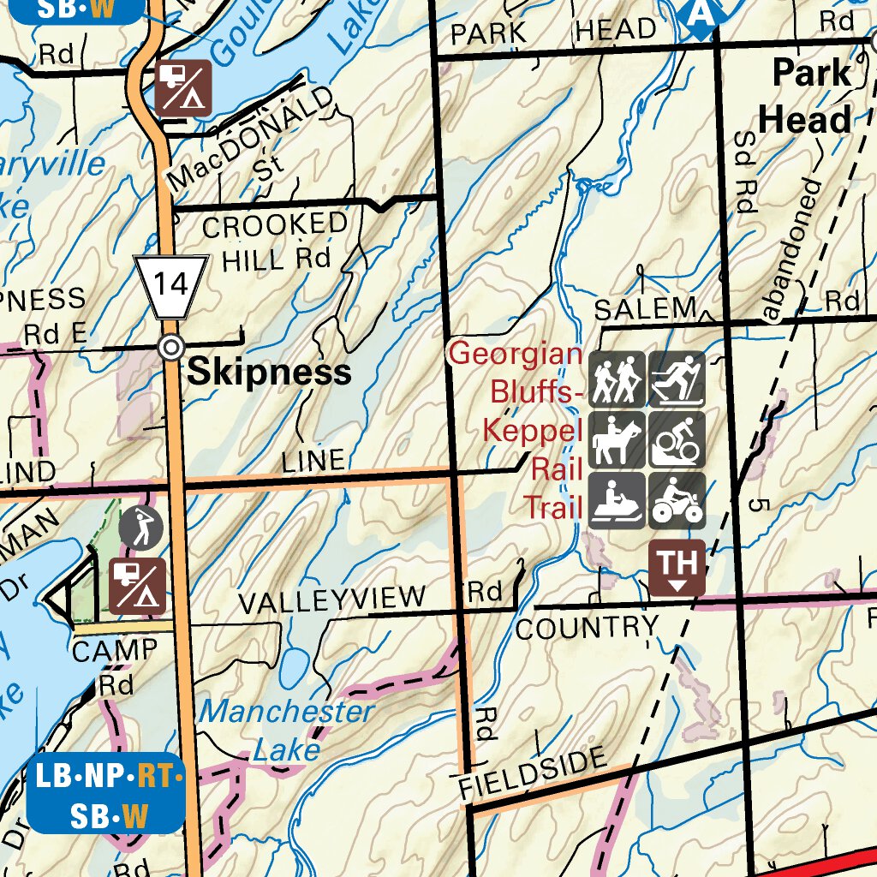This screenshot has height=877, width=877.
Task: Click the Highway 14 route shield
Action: point(171,286)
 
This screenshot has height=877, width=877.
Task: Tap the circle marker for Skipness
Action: point(172,348)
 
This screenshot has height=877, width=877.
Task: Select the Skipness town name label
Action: point(269,372)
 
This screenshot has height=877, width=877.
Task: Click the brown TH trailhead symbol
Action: point(677,568)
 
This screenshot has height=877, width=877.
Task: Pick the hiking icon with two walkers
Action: point(617,379)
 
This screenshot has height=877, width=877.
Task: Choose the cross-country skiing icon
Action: point(677,379)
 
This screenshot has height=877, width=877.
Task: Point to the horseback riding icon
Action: point(617,439)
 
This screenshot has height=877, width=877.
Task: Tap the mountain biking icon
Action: point(677,439)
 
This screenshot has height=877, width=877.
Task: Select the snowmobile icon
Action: point(617,500)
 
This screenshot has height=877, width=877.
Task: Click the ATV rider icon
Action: point(677,500)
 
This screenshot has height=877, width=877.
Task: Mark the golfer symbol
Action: point(140,528)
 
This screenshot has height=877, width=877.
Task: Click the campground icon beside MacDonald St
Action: point(182,87)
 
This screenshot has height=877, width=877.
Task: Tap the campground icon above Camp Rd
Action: point(138,587)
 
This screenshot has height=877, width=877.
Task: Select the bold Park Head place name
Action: point(809,96)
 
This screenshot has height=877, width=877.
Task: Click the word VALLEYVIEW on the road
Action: point(331,600)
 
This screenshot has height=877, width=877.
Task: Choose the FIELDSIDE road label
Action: point(533,773)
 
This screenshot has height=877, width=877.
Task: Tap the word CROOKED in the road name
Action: point(275,226)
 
